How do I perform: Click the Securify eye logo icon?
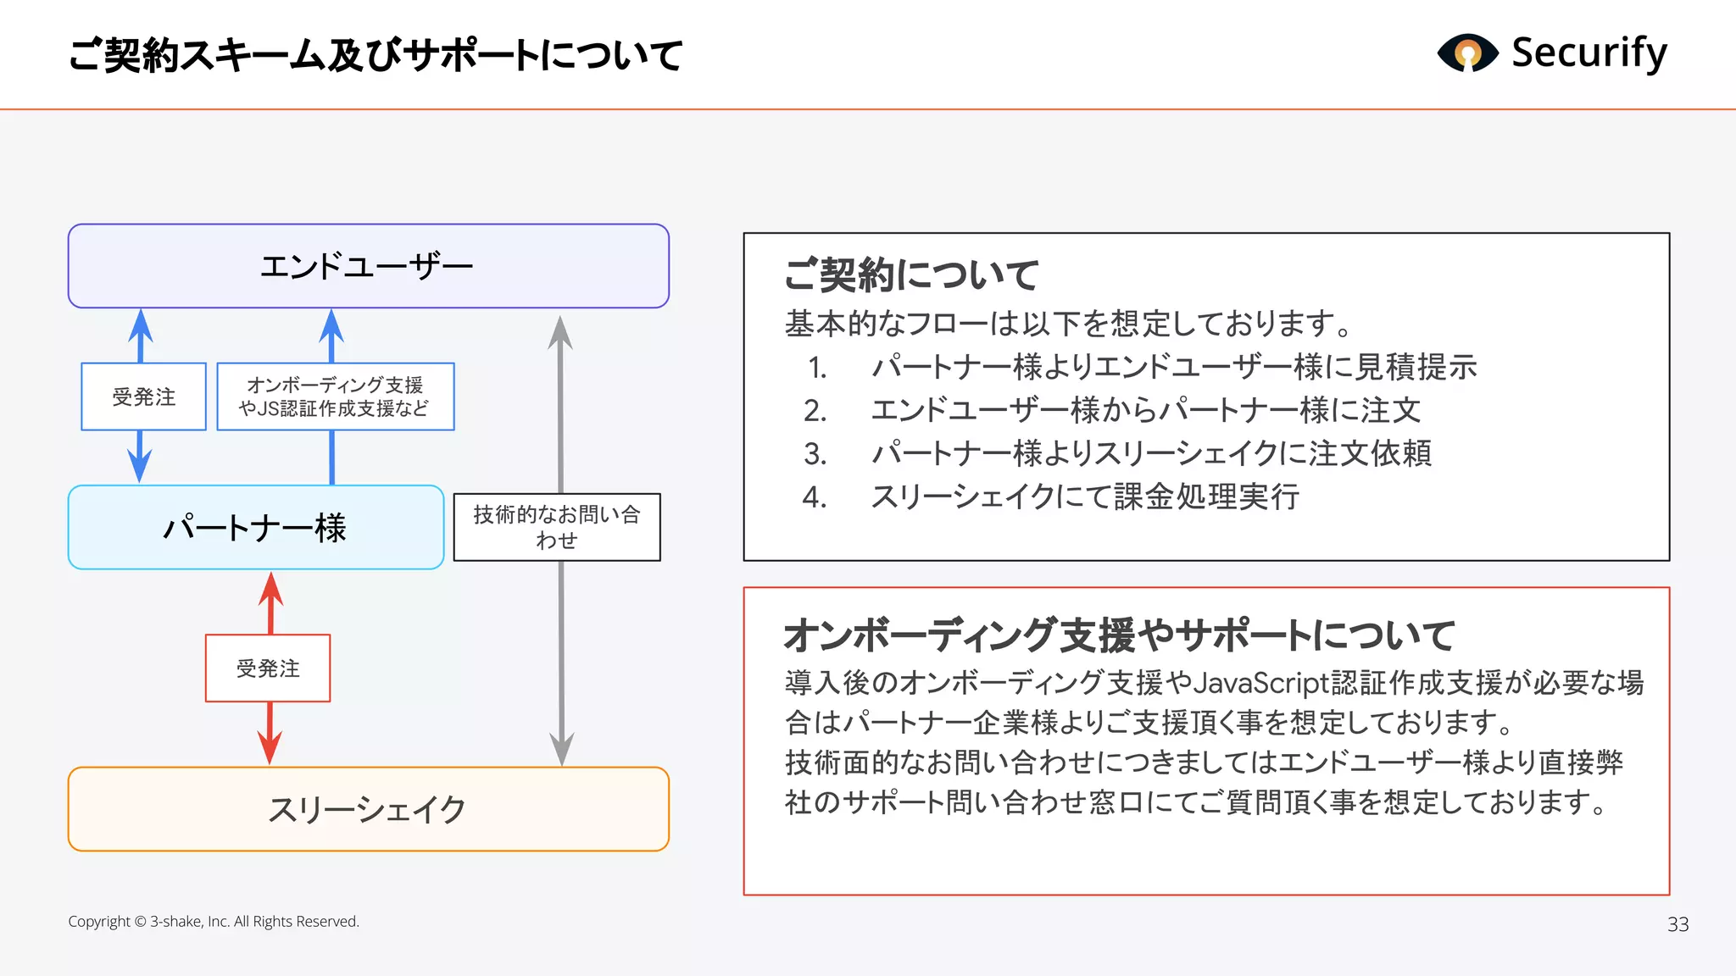[x=1467, y=53]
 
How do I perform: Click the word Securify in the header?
[x=1589, y=53]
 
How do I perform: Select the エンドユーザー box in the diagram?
[x=368, y=266]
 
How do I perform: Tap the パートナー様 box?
[x=255, y=527]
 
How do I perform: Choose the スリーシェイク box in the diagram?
[x=368, y=809]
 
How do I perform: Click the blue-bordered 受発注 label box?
[x=143, y=396]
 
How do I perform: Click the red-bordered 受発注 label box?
[x=268, y=668]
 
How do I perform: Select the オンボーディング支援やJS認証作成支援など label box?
[x=335, y=396]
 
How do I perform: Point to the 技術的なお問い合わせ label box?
[x=556, y=527]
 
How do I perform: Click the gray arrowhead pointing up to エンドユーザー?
[x=559, y=332]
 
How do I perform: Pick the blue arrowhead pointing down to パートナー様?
[x=140, y=465]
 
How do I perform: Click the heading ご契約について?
[x=911, y=274]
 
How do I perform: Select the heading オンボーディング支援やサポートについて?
[x=1118, y=635]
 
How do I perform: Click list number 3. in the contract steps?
[x=815, y=454]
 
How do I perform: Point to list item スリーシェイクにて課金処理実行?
[x=1085, y=496]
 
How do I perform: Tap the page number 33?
[x=1678, y=924]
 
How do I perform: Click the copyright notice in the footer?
[x=214, y=922]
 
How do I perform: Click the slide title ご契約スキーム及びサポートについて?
[x=376, y=56]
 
